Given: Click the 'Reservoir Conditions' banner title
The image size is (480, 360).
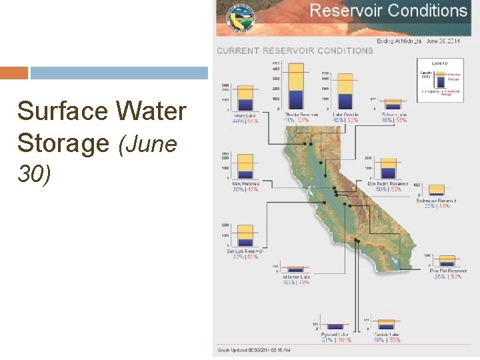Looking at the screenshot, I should [389, 11].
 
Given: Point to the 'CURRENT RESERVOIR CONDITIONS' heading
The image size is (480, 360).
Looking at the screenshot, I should [295, 51].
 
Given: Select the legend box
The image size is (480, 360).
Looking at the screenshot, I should [440, 81].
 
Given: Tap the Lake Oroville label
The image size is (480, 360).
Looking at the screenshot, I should [346, 115].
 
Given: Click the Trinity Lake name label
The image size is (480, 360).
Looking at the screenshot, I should [245, 115].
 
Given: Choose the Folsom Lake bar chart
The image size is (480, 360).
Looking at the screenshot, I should [394, 104].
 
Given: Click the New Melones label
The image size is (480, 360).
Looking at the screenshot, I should [245, 183].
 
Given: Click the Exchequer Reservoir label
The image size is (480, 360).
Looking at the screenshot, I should [437, 201].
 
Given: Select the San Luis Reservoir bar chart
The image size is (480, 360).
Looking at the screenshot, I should [245, 236].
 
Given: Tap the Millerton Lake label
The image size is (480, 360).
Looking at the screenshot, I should [296, 277].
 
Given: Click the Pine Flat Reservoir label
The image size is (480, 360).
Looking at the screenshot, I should [448, 271].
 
